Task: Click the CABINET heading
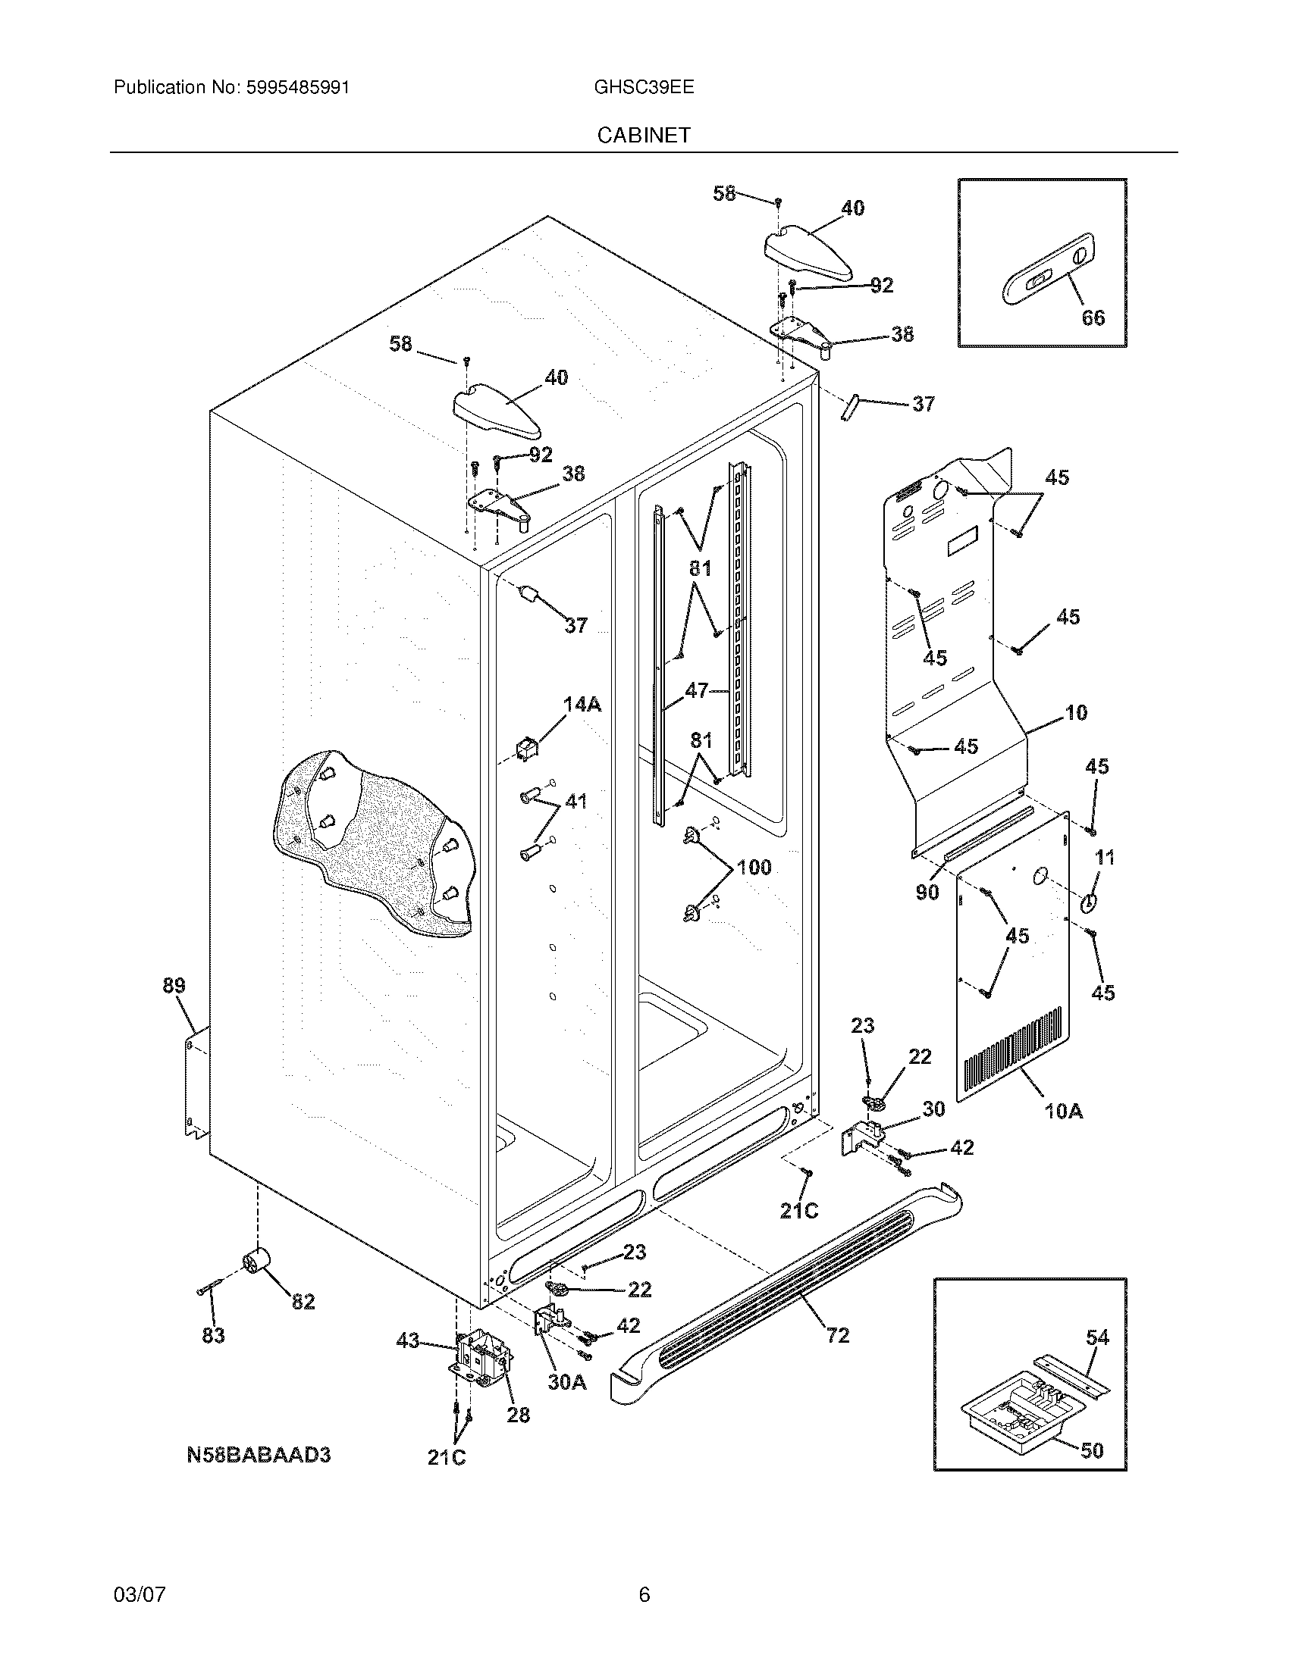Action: coord(644,135)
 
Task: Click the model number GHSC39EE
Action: coord(644,87)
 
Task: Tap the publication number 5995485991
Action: coord(297,87)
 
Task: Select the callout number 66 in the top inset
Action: coord(1093,317)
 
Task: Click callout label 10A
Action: coord(1063,1112)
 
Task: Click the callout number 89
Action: coord(174,985)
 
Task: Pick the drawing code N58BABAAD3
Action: coord(258,1455)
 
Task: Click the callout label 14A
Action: coord(582,704)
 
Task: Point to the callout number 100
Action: coord(753,867)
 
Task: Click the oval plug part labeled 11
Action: coord(1087,902)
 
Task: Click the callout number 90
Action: coord(927,892)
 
